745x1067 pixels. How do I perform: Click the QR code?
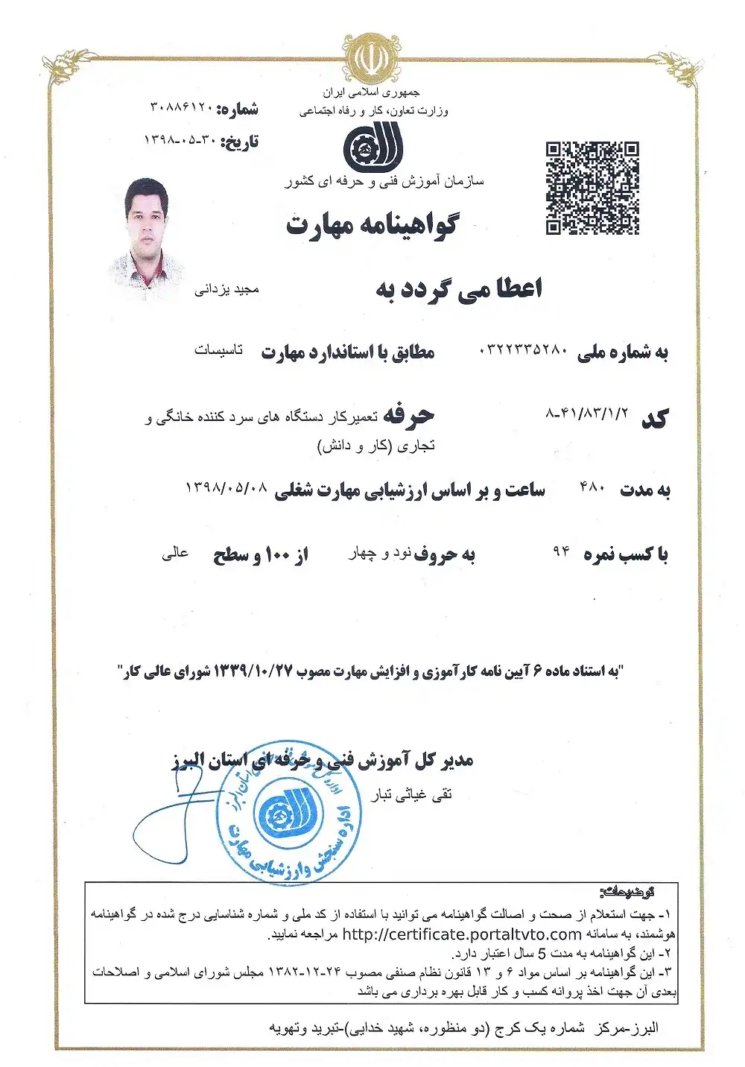[592, 188]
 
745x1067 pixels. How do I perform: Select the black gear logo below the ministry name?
[372, 147]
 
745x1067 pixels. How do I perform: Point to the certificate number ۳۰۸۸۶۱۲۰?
[183, 108]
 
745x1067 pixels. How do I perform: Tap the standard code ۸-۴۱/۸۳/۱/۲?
[587, 412]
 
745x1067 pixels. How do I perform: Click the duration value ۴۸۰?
[592, 488]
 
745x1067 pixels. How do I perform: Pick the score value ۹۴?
[561, 551]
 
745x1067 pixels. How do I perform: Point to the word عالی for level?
[175, 554]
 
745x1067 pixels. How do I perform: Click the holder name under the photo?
[226, 289]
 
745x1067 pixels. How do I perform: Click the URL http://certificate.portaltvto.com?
[462, 934]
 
